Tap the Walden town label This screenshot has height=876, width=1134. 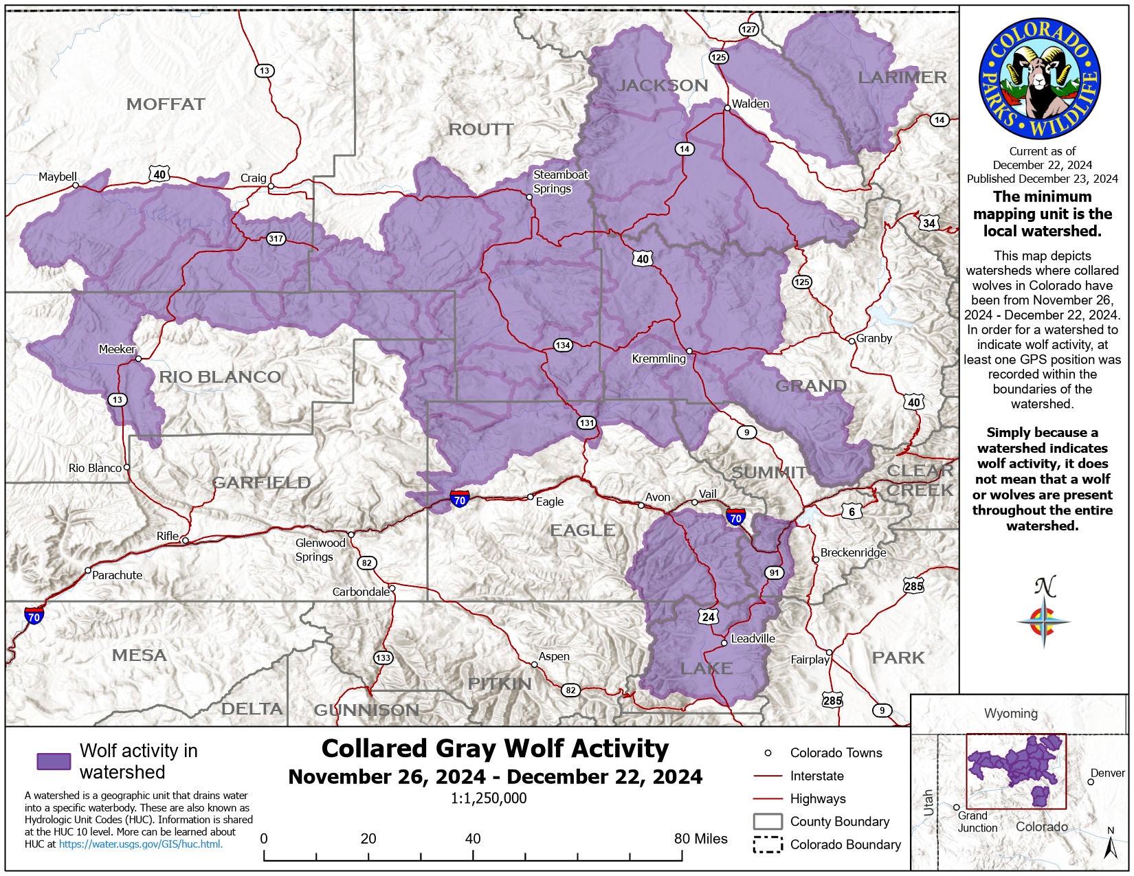(751, 103)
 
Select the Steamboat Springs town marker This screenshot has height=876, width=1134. (529, 197)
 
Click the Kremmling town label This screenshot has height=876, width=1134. (658, 359)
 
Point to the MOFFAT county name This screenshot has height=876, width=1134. (166, 104)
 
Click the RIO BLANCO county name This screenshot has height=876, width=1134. (220, 377)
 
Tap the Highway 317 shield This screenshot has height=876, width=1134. (276, 239)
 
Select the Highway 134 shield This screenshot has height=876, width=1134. (562, 345)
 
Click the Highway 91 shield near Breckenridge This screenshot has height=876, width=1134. (774, 572)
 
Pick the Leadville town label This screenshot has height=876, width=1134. (753, 638)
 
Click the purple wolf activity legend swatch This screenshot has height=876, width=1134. (54, 761)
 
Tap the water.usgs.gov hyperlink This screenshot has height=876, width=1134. (141, 844)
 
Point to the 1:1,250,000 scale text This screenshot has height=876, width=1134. (489, 798)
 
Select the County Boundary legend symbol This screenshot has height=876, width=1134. (768, 822)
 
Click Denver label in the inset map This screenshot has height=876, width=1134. (1107, 773)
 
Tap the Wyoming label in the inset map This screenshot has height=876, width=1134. (1010, 713)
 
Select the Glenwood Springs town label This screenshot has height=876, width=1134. (320, 550)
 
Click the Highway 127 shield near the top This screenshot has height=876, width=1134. (748, 29)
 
